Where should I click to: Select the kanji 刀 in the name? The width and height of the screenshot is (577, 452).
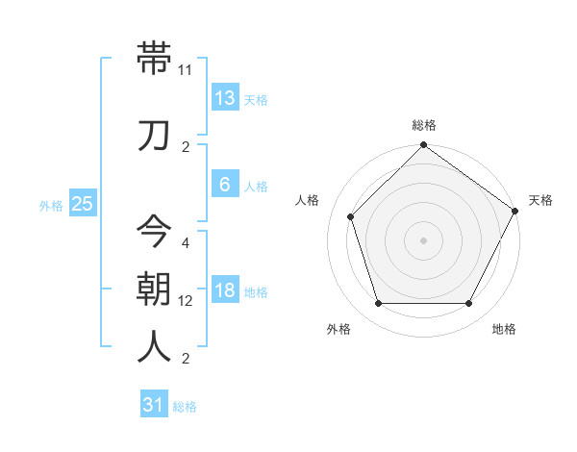[x=155, y=137]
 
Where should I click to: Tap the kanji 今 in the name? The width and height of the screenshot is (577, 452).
[x=155, y=232]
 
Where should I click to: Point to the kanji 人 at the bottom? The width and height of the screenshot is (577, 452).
[x=155, y=346]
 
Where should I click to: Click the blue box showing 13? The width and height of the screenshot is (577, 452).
[x=224, y=98]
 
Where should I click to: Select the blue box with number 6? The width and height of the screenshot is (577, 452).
[x=224, y=185]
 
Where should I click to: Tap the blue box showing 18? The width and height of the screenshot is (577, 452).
[x=224, y=290]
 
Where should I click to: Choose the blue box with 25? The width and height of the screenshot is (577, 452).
[x=82, y=204]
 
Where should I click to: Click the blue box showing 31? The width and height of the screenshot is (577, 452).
[x=154, y=405]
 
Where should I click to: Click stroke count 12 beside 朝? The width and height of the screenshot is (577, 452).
[x=187, y=301]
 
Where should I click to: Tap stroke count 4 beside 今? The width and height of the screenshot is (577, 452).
[x=186, y=243]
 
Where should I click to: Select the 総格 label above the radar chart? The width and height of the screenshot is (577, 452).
[x=424, y=125]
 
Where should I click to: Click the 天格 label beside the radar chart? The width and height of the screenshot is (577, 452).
[x=540, y=200]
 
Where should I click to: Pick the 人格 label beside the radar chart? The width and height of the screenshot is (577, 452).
[x=307, y=200]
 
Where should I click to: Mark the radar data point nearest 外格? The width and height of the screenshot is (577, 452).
[x=378, y=304]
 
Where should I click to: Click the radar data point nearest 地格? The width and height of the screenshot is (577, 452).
[x=469, y=304]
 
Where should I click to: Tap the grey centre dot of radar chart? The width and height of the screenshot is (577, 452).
[x=423, y=239]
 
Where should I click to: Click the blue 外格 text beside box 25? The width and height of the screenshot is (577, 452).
[x=51, y=205]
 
